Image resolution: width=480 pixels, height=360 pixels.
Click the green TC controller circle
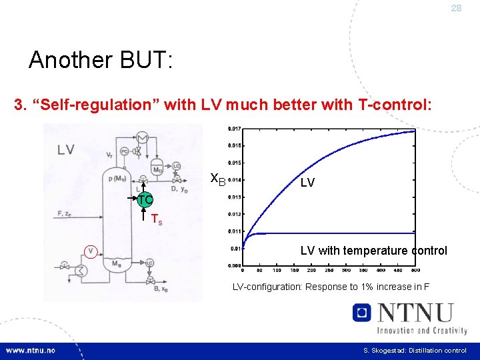[x=145, y=200]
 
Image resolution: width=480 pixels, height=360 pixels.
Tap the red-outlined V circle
[x=91, y=251]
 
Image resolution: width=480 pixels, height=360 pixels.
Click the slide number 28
[x=456, y=8]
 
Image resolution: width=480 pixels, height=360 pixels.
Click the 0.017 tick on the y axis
[x=235, y=129]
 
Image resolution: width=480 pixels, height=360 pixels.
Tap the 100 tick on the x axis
[x=277, y=271]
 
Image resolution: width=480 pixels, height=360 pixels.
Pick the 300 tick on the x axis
[x=346, y=271]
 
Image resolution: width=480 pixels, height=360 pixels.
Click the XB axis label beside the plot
[x=217, y=179]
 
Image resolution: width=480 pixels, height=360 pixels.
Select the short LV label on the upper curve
[x=307, y=182]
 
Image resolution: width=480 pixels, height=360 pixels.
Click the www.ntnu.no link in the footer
[x=31, y=351]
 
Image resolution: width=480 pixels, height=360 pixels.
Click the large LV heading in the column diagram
[x=66, y=149]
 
